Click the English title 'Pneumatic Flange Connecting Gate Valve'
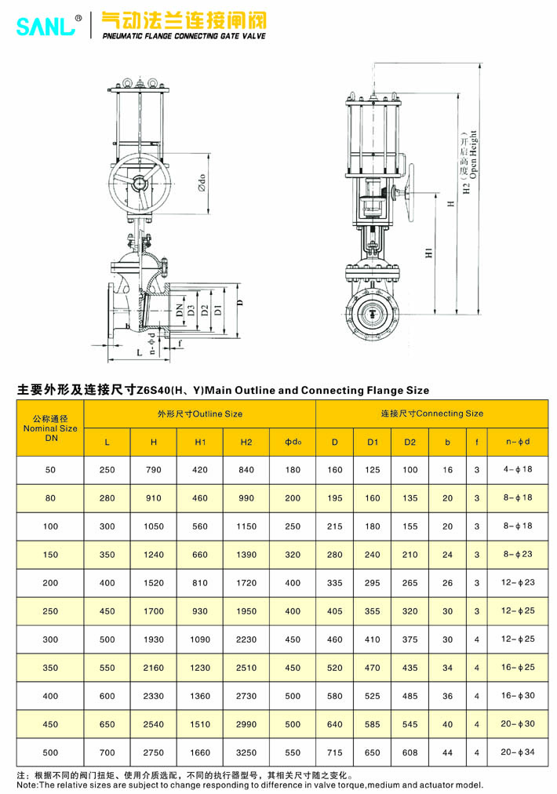184,36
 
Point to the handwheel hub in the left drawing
139,184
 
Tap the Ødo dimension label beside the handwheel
202,184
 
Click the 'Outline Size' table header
199,413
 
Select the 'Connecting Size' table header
431,413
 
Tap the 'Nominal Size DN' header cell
51,428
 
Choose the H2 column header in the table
246,443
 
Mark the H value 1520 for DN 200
154,583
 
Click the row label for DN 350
51,668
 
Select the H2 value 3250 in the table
246,752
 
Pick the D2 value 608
410,752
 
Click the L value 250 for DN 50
107,470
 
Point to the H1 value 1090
200,639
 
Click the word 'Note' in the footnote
27,785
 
